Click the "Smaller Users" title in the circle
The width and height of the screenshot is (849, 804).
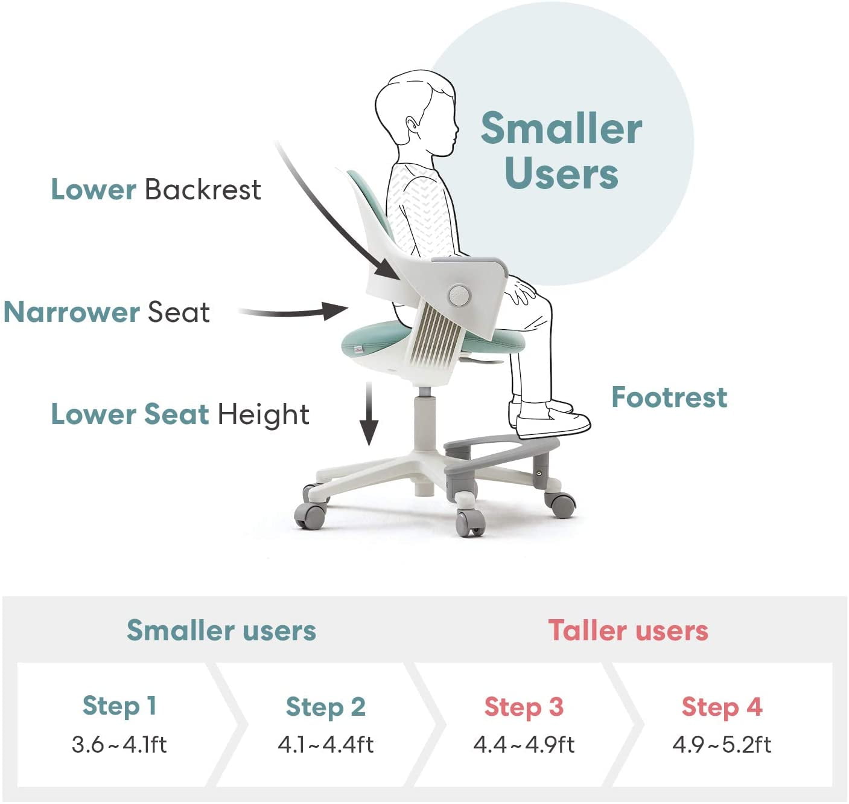pos(561,150)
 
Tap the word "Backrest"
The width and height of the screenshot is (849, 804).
pos(203,189)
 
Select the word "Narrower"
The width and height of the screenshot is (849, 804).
pos(71,312)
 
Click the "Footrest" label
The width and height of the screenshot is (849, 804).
pos(669,397)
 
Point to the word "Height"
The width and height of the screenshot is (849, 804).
pos(264,414)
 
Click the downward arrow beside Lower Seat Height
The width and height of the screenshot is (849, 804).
pos(369,413)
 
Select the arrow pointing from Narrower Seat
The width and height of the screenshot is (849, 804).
pos(294,311)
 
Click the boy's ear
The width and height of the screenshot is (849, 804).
pos(412,125)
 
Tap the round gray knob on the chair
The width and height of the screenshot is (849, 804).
pos(459,295)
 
